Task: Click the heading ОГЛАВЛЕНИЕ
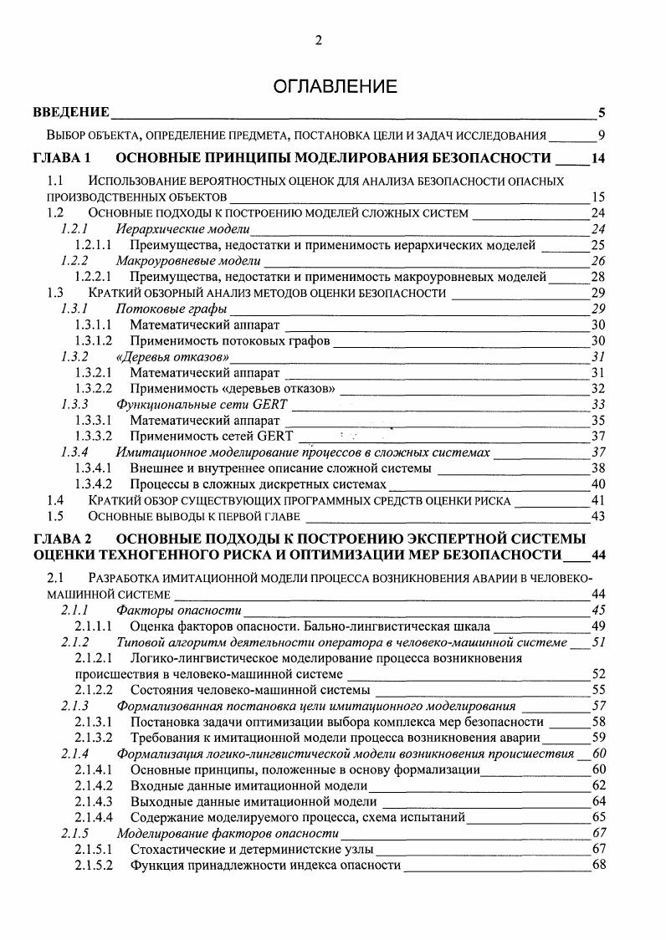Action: coord(332,86)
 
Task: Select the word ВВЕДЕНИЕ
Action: coord(71,113)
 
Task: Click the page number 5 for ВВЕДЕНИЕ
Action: coord(602,113)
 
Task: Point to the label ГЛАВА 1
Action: coord(61,158)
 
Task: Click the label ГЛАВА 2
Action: coord(61,536)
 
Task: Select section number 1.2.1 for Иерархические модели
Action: coord(75,228)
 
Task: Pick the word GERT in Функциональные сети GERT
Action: coord(269,404)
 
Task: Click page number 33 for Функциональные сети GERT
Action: coord(597,404)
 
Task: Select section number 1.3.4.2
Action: coord(93,484)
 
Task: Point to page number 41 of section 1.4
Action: coord(597,500)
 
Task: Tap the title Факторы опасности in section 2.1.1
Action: coord(179,610)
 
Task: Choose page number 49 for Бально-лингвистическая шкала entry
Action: coord(597,626)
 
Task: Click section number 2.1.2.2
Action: coord(93,690)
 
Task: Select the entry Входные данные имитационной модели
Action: coord(248,786)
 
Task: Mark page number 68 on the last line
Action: coord(597,865)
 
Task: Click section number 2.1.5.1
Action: coord(93,849)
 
